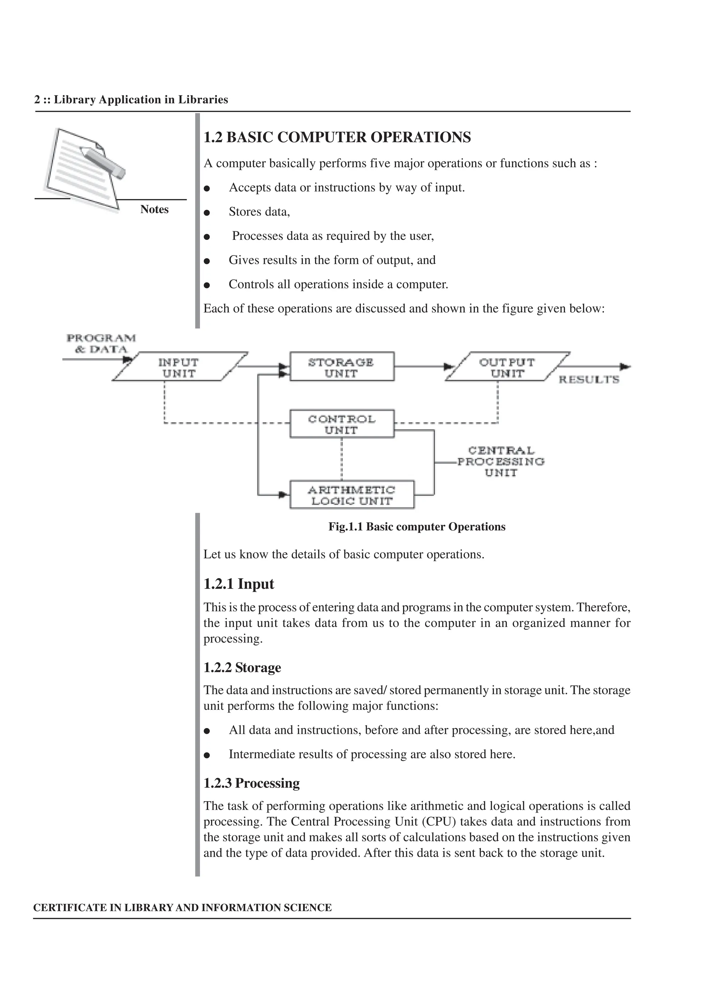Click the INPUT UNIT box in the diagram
coord(179,367)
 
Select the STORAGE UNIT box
coord(342,367)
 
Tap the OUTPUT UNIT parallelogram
coord(507,367)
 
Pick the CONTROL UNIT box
coord(342,424)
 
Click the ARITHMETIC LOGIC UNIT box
coord(352,495)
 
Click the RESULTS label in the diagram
coord(588,380)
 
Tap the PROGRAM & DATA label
coord(101,343)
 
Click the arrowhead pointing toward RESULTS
coord(625,367)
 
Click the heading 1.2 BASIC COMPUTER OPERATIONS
coord(337,137)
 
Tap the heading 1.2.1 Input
coord(239,584)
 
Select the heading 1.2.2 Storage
coord(242,667)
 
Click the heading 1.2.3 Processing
coord(251,783)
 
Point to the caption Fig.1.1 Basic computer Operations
coord(417,527)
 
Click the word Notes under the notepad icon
coord(154,209)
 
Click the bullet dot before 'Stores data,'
coord(207,213)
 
